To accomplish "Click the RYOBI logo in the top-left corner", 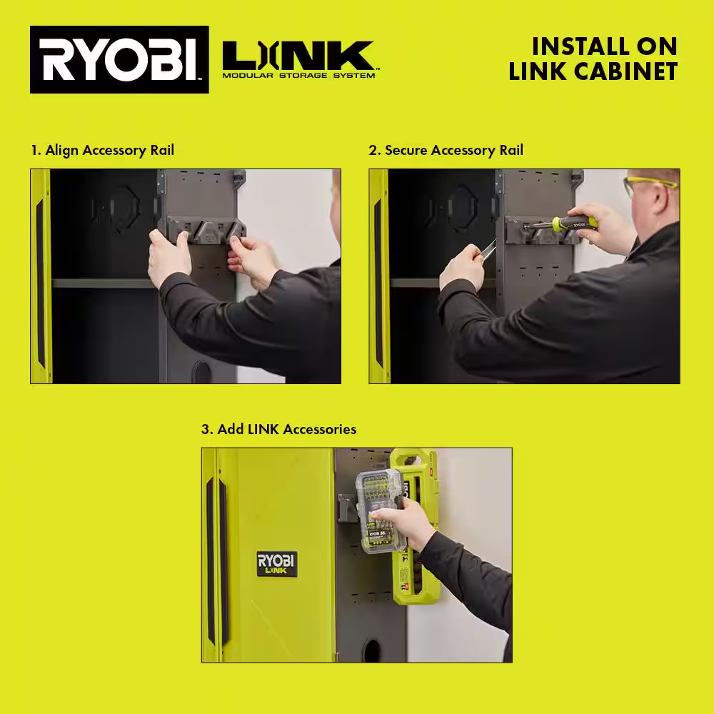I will pos(119,60).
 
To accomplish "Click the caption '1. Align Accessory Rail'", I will pos(102,150).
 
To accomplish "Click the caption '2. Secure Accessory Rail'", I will pos(446,150).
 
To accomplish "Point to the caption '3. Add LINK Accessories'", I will pos(278,429).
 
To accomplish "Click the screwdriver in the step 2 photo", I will pos(564,224).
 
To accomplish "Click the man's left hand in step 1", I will pos(169,257).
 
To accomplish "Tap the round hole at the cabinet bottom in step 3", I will pos(372,650).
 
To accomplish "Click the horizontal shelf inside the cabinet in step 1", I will pos(104,283).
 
